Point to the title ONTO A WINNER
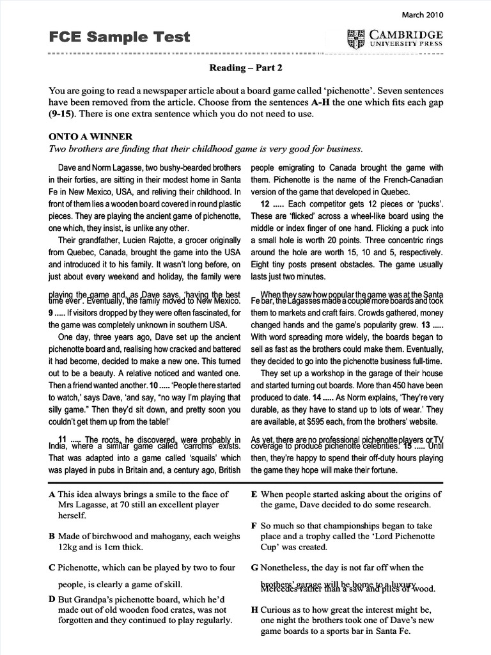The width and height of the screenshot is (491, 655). [x=91, y=137]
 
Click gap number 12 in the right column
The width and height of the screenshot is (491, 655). [x=266, y=204]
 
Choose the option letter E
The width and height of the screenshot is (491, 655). [x=254, y=494]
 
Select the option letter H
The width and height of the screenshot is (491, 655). [x=255, y=610]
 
